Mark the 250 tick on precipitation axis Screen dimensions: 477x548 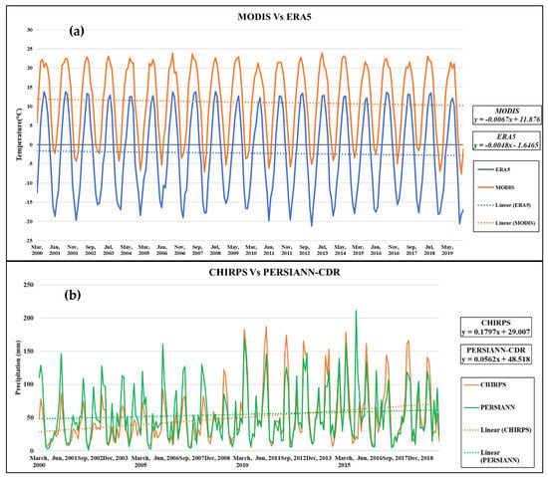tap(28, 285)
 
